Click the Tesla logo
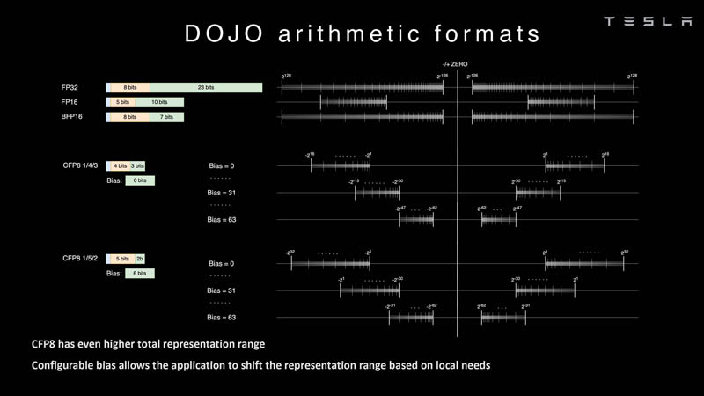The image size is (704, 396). tap(648, 21)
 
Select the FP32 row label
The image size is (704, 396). tap(70, 88)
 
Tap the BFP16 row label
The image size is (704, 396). tap(72, 116)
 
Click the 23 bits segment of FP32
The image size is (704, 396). tap(206, 88)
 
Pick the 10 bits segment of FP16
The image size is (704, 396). tap(158, 102)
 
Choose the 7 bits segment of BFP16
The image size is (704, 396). tap(166, 117)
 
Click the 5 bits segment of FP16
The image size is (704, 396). tap(122, 102)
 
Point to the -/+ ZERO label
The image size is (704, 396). tap(455, 64)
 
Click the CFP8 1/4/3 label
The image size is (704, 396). tap(80, 165)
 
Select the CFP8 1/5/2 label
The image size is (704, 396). tap(80, 259)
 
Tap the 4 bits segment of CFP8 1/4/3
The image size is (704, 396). tap(120, 165)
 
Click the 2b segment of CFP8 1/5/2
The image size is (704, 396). tap(140, 259)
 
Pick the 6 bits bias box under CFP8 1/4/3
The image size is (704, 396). tap(140, 180)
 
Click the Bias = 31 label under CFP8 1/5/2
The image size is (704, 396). tap(221, 290)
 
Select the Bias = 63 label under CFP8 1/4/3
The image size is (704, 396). tap(221, 219)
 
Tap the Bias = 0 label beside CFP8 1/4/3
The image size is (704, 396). tap(221, 165)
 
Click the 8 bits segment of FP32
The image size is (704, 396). tap(130, 88)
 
